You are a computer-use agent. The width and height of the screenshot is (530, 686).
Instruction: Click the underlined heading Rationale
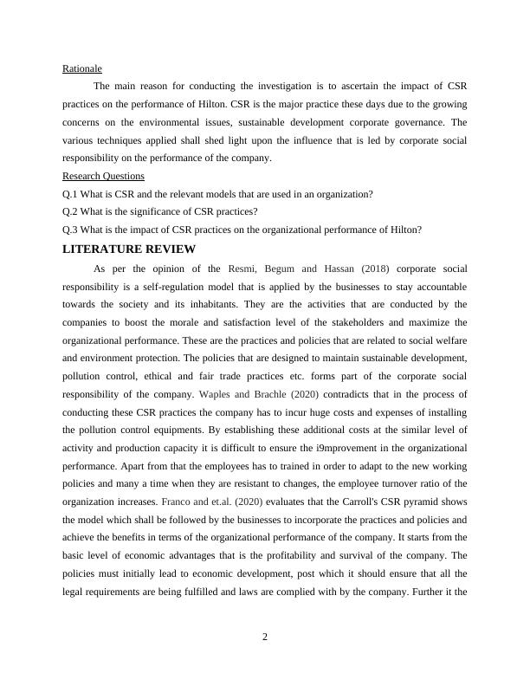coord(82,68)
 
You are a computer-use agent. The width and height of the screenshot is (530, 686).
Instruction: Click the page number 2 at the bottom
coord(265,637)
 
